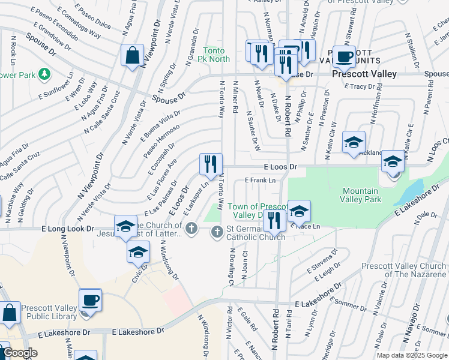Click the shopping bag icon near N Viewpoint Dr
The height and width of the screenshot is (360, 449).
pyautogui.click(x=131, y=56)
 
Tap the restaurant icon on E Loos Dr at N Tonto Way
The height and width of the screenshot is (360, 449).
pyautogui.click(x=211, y=163)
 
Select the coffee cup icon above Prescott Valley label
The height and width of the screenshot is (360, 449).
pyautogui.click(x=344, y=57)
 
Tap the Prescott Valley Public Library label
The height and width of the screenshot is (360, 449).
pyautogui.click(x=49, y=313)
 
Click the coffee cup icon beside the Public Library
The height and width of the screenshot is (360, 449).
pyautogui.click(x=90, y=300)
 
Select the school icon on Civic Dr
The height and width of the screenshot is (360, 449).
pyautogui.click(x=138, y=251)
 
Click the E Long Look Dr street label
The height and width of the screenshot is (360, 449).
pyautogui.click(x=68, y=229)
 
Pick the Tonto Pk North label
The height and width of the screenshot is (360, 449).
pyautogui.click(x=216, y=55)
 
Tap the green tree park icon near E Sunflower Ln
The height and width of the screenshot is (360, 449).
pyautogui.click(x=44, y=74)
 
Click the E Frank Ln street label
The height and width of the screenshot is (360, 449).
pyautogui.click(x=260, y=180)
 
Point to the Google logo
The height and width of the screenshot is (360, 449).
pyautogui.click(x=20, y=353)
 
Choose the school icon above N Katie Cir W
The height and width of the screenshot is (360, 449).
pyautogui.click(x=354, y=142)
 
